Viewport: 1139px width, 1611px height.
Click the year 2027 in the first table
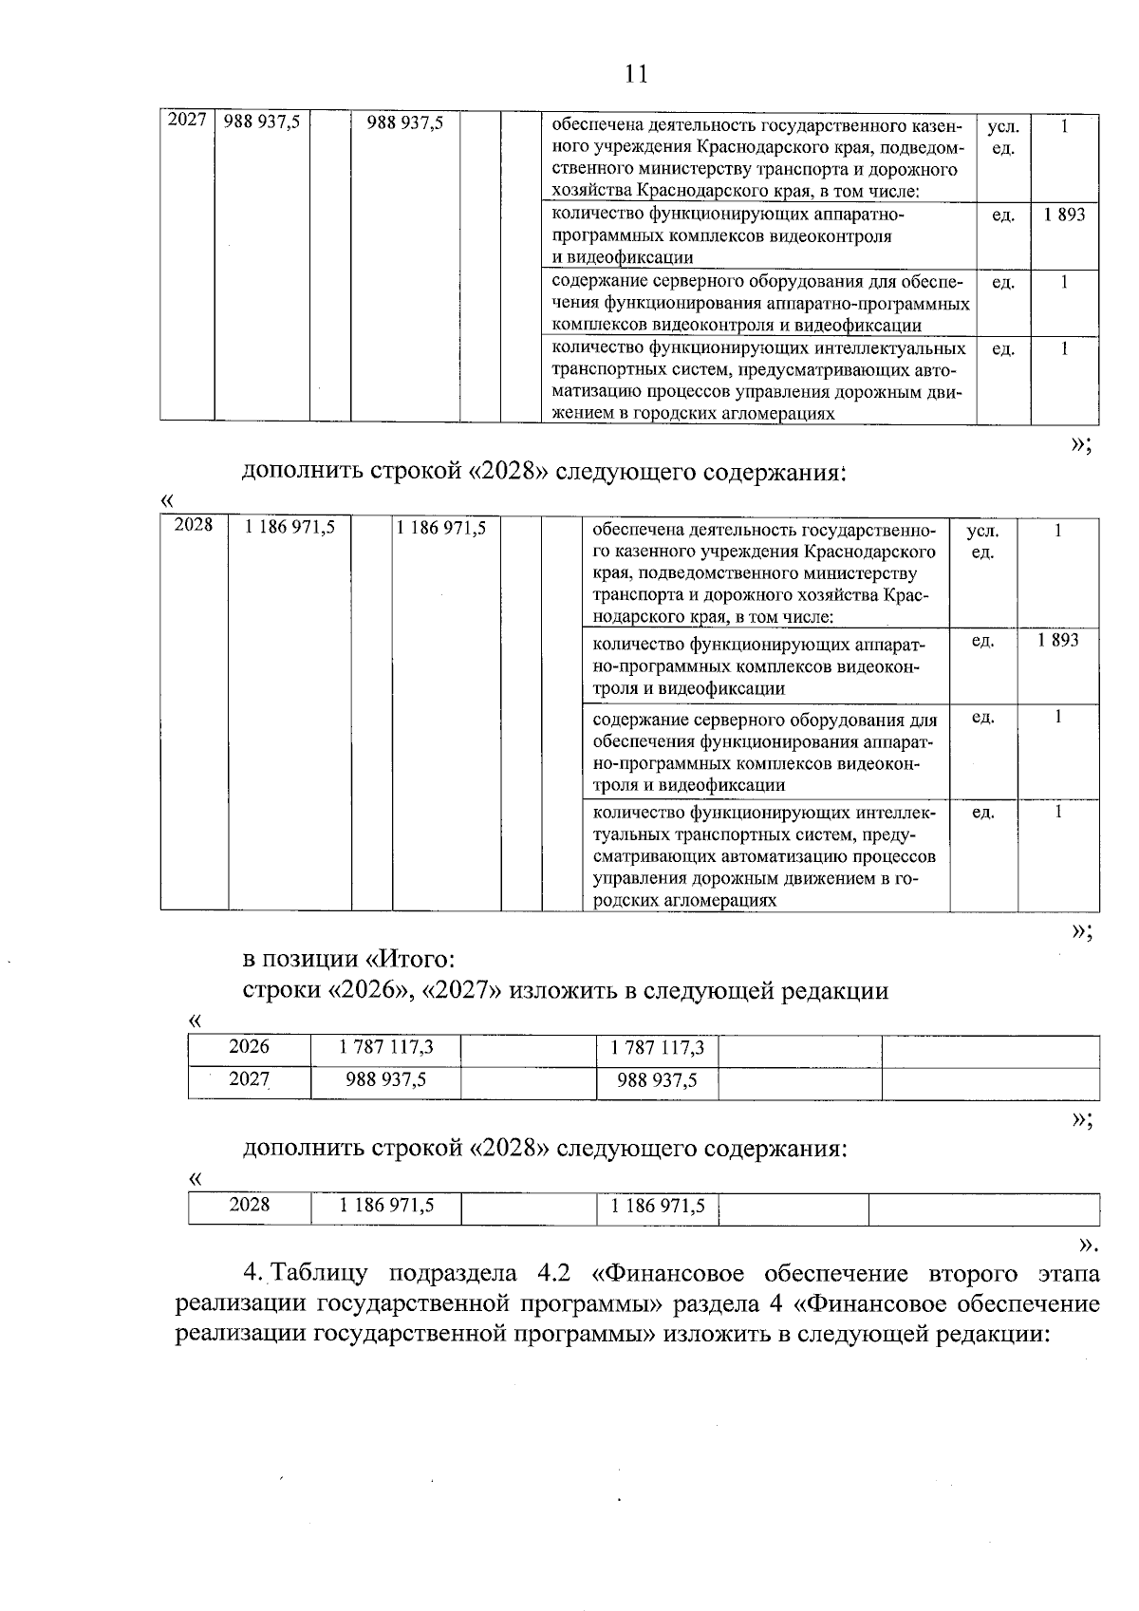[x=186, y=121]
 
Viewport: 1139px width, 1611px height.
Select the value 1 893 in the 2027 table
[x=1064, y=215]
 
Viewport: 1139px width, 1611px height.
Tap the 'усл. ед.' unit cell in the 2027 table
[x=1002, y=138]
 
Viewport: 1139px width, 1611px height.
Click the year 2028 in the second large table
[x=194, y=525]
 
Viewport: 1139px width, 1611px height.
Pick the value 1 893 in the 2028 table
[x=1057, y=641]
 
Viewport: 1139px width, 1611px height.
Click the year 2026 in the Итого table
[x=250, y=1047]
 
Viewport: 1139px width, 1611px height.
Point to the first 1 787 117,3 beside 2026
[x=385, y=1047]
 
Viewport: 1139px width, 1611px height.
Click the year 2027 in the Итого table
[x=250, y=1079]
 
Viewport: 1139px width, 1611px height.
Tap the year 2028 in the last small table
[x=250, y=1205]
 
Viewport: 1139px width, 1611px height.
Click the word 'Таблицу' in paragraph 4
[x=323, y=1273]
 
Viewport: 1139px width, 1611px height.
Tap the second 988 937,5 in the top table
[x=405, y=122]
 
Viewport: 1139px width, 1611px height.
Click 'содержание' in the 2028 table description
[x=637, y=720]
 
